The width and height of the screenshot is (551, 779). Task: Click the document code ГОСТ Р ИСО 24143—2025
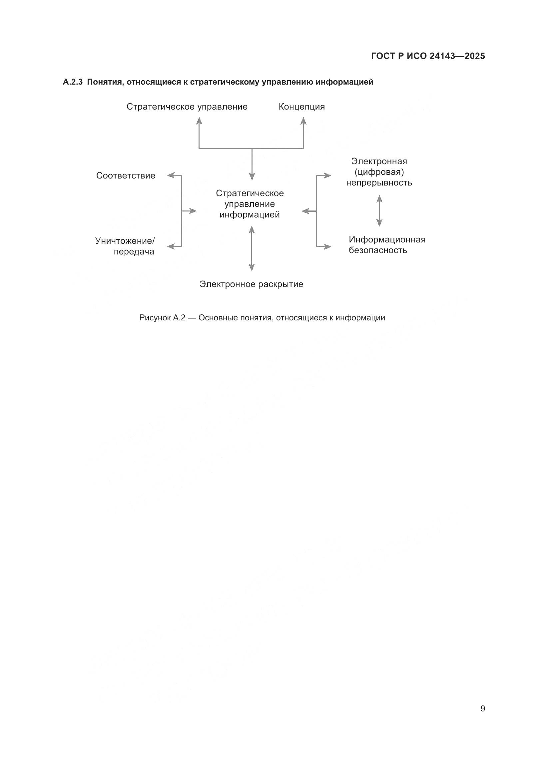(428, 56)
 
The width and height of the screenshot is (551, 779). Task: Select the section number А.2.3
(73, 82)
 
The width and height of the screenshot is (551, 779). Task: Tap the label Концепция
(301, 107)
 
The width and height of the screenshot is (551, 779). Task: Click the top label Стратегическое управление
(187, 107)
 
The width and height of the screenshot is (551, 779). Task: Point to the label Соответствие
(126, 176)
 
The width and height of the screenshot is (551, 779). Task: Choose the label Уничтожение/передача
(125, 246)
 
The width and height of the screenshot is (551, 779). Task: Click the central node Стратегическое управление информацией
(250, 204)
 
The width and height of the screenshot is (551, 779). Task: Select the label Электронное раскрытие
(251, 284)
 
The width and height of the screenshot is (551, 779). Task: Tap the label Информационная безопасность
(387, 245)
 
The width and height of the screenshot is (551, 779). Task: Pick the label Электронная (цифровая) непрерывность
(379, 172)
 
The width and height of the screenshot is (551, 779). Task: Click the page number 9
(483, 708)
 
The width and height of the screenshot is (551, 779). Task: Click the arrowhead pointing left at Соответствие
(171, 176)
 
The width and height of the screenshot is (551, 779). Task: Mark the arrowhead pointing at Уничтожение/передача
(171, 247)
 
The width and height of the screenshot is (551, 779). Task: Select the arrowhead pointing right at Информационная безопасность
(327, 247)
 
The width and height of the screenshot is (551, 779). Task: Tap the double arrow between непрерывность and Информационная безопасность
(379, 211)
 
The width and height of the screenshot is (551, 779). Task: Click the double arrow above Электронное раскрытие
(252, 249)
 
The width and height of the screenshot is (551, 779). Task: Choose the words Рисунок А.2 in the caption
(162, 318)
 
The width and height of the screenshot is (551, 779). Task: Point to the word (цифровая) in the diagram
(379, 172)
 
